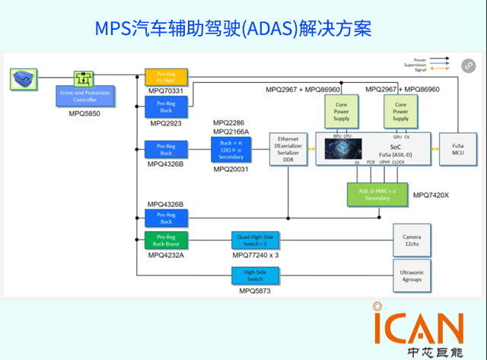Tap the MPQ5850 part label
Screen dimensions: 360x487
tap(79, 113)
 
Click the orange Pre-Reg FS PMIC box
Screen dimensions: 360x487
tap(165, 77)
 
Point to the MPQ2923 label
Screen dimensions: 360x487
tap(165, 122)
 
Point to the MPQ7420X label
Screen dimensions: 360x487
tap(431, 196)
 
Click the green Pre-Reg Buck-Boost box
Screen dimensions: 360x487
tap(165, 241)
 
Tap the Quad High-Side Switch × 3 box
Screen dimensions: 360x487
tap(255, 241)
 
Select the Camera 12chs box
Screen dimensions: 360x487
tap(411, 241)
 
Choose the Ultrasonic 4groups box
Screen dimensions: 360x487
tap(411, 275)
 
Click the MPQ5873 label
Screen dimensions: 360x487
tap(255, 291)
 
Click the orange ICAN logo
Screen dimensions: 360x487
tap(418, 326)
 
